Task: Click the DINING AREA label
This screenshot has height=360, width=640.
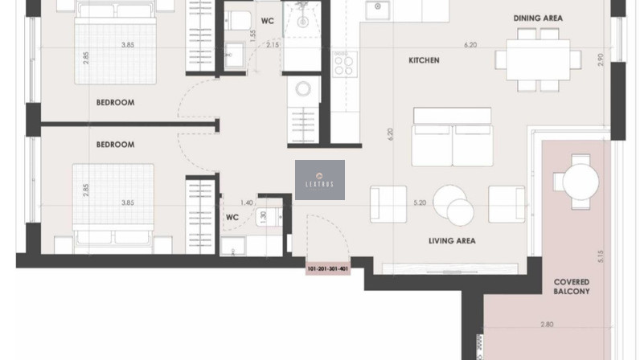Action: pos(538,18)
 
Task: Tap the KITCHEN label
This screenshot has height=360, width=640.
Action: pos(424,60)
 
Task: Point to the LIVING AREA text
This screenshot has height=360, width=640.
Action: pos(452,241)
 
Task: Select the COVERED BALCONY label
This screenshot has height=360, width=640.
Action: pos(572,287)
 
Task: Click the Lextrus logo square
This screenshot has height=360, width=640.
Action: pos(320,180)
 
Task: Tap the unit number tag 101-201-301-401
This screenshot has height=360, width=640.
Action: pos(328,269)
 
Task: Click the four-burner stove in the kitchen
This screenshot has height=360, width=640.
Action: pos(343,64)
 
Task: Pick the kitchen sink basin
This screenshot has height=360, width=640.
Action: pos(378,10)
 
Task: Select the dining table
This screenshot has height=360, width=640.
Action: pos(538,59)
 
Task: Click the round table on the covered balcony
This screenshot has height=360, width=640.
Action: pos(581,182)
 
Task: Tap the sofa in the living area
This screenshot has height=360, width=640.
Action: pos(452,137)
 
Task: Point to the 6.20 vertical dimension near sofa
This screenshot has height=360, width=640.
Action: pos(390,134)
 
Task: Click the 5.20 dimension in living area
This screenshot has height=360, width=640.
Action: pos(420,202)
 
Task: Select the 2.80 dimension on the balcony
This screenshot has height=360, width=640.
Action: pos(547,325)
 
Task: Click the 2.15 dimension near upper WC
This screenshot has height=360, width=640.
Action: pos(273,45)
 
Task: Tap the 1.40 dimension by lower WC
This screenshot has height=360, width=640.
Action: pos(246,202)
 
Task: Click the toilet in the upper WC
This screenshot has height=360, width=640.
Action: pos(239,20)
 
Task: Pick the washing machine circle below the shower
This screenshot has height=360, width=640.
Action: pos(303,88)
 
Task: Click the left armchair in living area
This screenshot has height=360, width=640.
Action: pos(388,204)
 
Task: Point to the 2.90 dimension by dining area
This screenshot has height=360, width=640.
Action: pos(600,60)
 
